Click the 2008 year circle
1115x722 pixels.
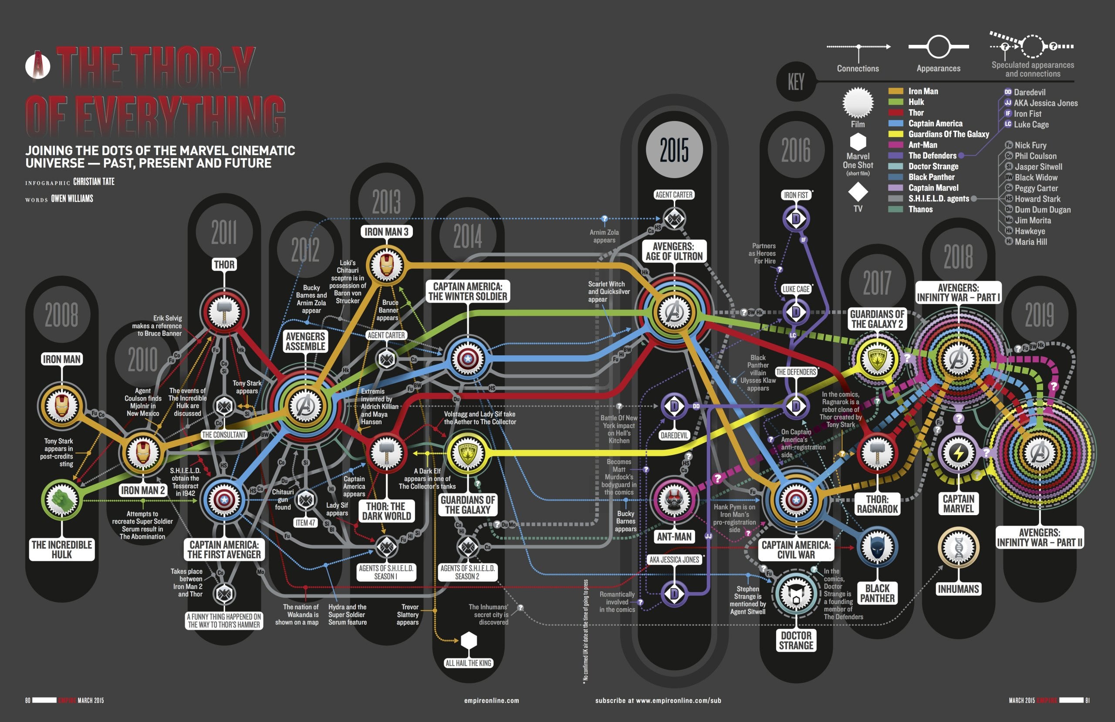(x=62, y=314)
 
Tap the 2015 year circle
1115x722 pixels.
(x=674, y=150)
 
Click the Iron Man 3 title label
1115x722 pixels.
(x=386, y=232)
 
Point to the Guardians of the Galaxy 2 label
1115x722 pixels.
(x=878, y=319)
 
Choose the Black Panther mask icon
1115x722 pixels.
(x=877, y=547)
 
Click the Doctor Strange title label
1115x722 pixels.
(x=796, y=640)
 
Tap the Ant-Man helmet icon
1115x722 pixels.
(x=674, y=500)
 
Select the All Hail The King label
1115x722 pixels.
(x=468, y=663)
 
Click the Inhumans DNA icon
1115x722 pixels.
(x=959, y=548)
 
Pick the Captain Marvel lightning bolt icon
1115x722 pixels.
(x=959, y=453)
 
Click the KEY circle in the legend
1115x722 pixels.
(x=796, y=82)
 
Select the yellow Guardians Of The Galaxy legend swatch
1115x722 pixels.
(x=895, y=134)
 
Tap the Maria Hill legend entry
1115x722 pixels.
(x=1030, y=242)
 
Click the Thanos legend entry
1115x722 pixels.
(x=920, y=209)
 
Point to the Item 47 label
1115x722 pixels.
(x=305, y=523)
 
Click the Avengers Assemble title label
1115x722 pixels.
(x=305, y=341)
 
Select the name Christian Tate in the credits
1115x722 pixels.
(x=94, y=182)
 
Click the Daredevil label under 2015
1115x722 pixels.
(x=674, y=435)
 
